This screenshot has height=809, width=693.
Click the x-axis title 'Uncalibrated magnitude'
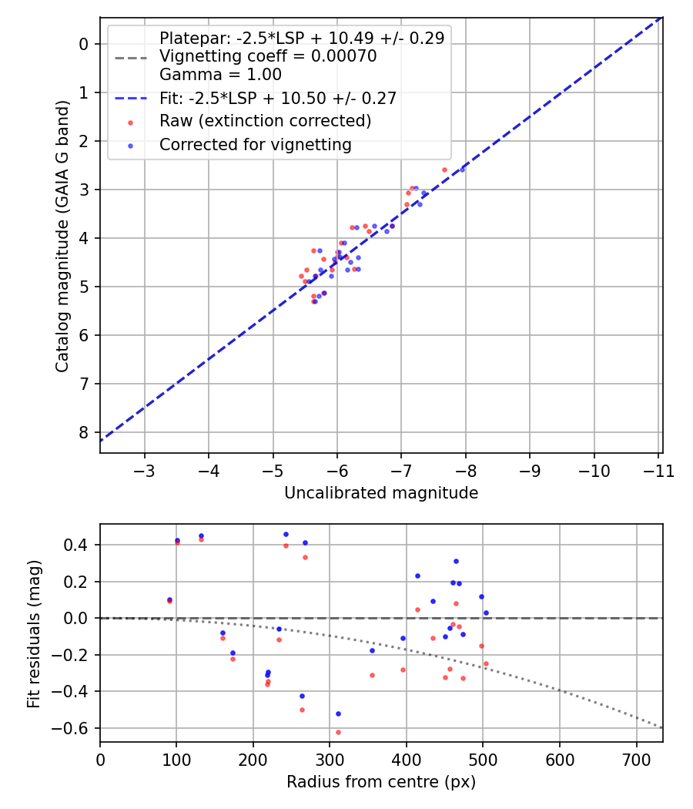point(381,493)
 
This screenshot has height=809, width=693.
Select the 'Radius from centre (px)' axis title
point(381,782)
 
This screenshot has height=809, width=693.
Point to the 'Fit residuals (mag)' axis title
point(33,634)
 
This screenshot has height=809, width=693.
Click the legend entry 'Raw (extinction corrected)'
point(266,121)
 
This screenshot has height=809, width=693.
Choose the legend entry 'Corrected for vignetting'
point(256,144)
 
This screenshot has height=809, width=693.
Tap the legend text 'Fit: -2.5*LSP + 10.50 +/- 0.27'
point(278,98)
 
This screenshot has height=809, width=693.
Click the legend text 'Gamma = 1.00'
point(220,75)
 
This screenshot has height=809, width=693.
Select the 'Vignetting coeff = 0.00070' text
point(268,56)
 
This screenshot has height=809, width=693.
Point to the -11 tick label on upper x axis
point(658,472)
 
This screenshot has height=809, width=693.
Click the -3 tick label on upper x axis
point(145,472)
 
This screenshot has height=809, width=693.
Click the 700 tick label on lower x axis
point(636,760)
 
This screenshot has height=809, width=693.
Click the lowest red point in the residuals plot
point(338,732)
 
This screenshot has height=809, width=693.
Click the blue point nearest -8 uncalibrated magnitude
point(462,169)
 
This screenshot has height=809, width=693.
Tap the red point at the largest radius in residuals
point(486,663)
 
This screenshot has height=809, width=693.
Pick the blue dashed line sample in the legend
point(130,98)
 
